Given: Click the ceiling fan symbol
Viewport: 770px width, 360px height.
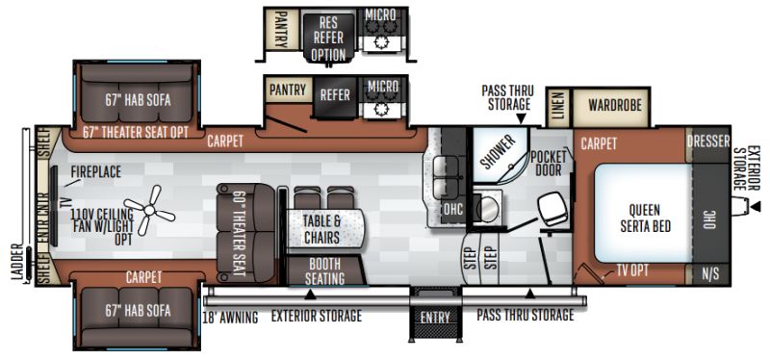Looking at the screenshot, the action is click(149, 210).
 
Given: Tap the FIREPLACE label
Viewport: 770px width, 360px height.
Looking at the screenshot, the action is click(95, 172).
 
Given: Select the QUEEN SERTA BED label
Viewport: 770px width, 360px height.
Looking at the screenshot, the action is click(645, 218).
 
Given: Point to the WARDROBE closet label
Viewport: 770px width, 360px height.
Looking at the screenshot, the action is click(615, 105).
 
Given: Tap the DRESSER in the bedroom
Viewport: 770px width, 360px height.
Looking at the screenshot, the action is click(708, 141).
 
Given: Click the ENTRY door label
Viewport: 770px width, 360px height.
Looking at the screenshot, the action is click(435, 318).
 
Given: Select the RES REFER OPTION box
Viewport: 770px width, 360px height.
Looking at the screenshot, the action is click(328, 38).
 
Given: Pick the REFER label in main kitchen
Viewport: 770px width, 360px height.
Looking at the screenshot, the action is click(335, 94).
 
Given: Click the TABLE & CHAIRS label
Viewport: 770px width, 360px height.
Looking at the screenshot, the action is click(321, 229).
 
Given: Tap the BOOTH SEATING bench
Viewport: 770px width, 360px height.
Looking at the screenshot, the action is click(324, 271).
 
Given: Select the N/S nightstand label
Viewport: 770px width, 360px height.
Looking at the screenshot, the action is click(710, 274).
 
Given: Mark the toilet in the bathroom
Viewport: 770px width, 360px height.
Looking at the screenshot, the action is click(553, 209).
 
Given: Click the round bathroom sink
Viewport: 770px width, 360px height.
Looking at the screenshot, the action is click(488, 210).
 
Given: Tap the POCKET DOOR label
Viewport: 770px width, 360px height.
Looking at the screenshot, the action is click(549, 163).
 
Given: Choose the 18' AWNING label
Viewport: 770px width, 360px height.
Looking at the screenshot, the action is click(230, 318).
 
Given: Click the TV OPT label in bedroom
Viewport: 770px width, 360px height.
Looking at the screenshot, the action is click(632, 270).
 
